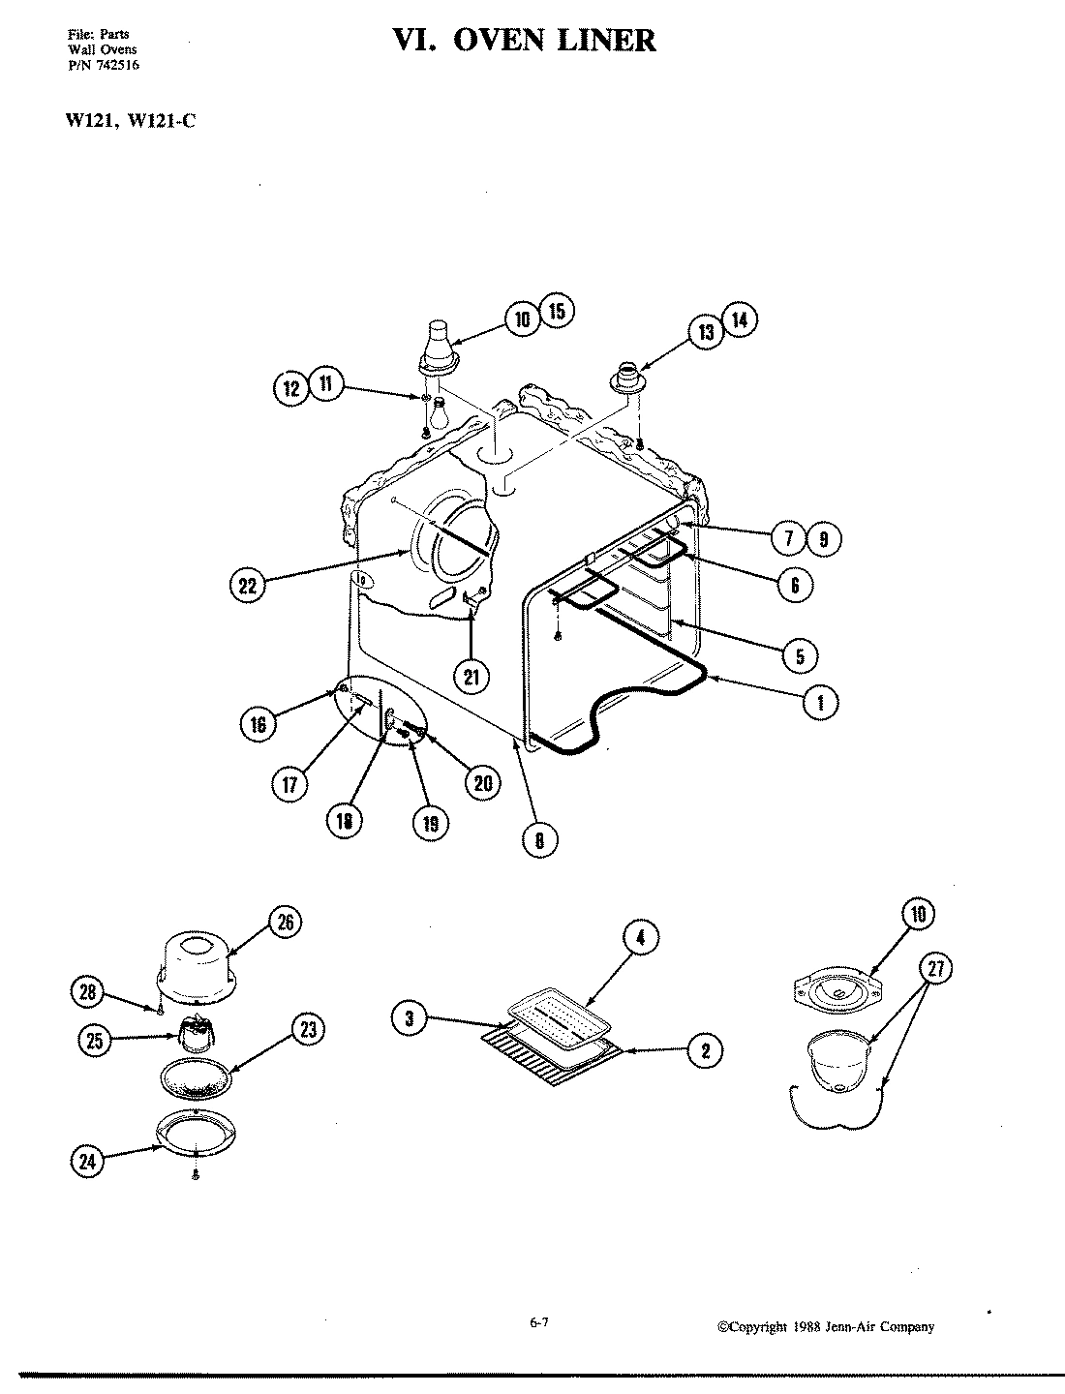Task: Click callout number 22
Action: (x=248, y=585)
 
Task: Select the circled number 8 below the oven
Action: (x=539, y=839)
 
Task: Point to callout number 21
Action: (x=471, y=676)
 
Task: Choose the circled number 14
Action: (x=739, y=320)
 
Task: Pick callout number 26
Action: (x=285, y=923)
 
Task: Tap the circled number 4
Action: (x=640, y=936)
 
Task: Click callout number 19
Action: (x=430, y=822)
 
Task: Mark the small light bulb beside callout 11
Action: (x=438, y=407)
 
